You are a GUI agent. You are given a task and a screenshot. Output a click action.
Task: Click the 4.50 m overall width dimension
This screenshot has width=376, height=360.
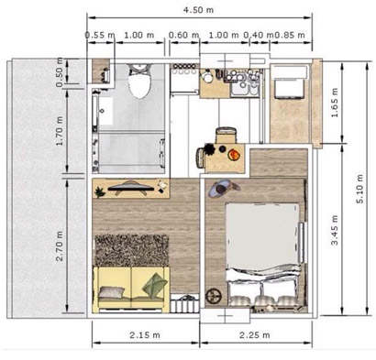[x=198, y=10]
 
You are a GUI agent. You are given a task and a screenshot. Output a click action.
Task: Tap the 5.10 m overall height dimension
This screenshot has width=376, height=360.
[x=359, y=189]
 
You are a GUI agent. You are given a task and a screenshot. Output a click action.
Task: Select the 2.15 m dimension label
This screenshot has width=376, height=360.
[x=145, y=335]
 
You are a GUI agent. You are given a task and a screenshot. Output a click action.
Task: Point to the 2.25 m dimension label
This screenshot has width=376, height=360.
[x=255, y=335]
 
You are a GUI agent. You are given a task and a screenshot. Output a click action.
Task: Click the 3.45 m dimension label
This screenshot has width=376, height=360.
[x=335, y=230]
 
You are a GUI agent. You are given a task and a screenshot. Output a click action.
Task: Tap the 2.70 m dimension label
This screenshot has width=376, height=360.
[x=59, y=246]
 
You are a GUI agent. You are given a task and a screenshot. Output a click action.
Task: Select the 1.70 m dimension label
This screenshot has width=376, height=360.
[x=59, y=131]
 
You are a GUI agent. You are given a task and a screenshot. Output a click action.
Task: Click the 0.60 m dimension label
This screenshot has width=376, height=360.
[x=184, y=35]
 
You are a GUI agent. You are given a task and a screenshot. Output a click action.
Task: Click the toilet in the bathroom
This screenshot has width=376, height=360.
[x=140, y=81]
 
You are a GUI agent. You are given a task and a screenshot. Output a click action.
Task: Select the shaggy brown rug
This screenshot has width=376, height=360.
[x=132, y=250]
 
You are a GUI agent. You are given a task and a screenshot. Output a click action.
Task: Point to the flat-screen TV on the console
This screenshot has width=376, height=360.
[x=131, y=188]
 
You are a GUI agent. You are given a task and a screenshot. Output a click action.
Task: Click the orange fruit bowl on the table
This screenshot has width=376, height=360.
[x=234, y=154]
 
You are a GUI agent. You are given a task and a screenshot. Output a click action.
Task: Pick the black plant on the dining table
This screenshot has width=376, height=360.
[x=210, y=149]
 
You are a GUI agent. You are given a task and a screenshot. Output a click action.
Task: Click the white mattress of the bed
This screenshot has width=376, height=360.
[x=262, y=235]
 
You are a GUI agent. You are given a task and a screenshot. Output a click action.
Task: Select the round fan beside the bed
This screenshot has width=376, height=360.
[x=214, y=295]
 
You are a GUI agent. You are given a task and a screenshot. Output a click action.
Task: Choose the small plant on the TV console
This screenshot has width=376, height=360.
[x=100, y=192]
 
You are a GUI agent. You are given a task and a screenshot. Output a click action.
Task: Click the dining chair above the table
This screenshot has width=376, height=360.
[x=227, y=135]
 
